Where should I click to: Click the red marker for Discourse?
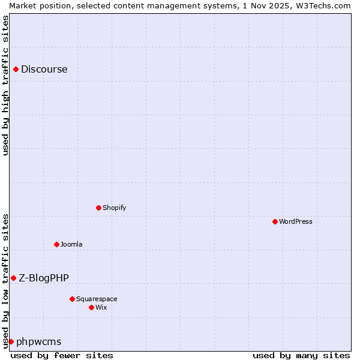(x=16, y=70)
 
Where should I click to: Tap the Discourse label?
(x=44, y=70)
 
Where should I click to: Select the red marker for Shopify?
(x=99, y=208)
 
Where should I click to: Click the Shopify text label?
(x=115, y=208)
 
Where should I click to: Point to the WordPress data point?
(x=275, y=222)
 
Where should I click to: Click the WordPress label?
(x=296, y=222)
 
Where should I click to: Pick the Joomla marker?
(x=57, y=245)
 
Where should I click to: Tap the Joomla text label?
(x=71, y=245)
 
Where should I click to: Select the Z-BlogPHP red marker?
(x=14, y=278)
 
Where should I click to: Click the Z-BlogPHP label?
(x=44, y=278)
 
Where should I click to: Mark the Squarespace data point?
(x=73, y=299)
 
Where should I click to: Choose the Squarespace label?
(x=97, y=299)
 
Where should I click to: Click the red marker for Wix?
(x=92, y=308)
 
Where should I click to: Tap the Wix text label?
(x=101, y=308)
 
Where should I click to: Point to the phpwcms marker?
(x=11, y=342)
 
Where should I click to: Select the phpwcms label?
(x=39, y=342)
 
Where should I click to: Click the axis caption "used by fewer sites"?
(x=62, y=356)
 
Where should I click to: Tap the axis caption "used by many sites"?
(x=301, y=356)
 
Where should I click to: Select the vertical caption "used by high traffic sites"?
(x=5, y=85)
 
